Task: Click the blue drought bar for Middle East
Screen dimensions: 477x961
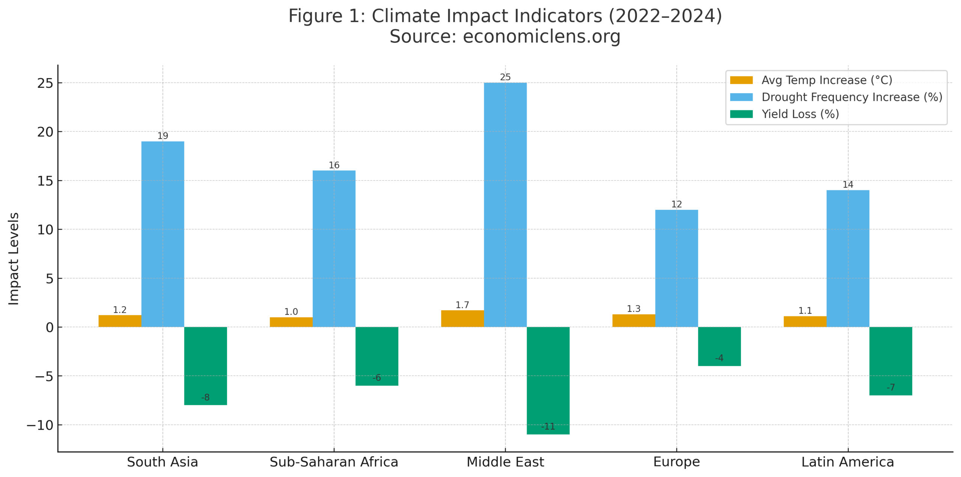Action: pyautogui.click(x=505, y=205)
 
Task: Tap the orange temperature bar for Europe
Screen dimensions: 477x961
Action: pyautogui.click(x=633, y=320)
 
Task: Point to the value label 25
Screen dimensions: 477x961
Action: pyautogui.click(x=505, y=77)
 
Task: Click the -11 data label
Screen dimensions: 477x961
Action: pyautogui.click(x=548, y=426)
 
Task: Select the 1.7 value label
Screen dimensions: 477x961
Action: pyautogui.click(x=462, y=305)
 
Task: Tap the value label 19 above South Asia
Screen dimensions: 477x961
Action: pyautogui.click(x=163, y=135)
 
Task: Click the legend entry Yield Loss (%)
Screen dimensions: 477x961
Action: pyautogui.click(x=800, y=114)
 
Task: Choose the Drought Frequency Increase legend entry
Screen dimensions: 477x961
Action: pyautogui.click(x=851, y=97)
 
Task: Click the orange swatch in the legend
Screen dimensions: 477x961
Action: pyautogui.click(x=741, y=80)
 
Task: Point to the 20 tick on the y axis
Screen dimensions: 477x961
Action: pyautogui.click(x=45, y=132)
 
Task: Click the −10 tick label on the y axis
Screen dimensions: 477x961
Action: pyautogui.click(x=40, y=425)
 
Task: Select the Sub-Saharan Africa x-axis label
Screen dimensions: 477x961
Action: pyautogui.click(x=334, y=462)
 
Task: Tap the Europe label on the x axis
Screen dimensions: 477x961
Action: pyautogui.click(x=676, y=462)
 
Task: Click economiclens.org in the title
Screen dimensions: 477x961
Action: pyautogui.click(x=541, y=36)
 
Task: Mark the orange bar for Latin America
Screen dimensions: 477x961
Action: pyautogui.click(x=804, y=321)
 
